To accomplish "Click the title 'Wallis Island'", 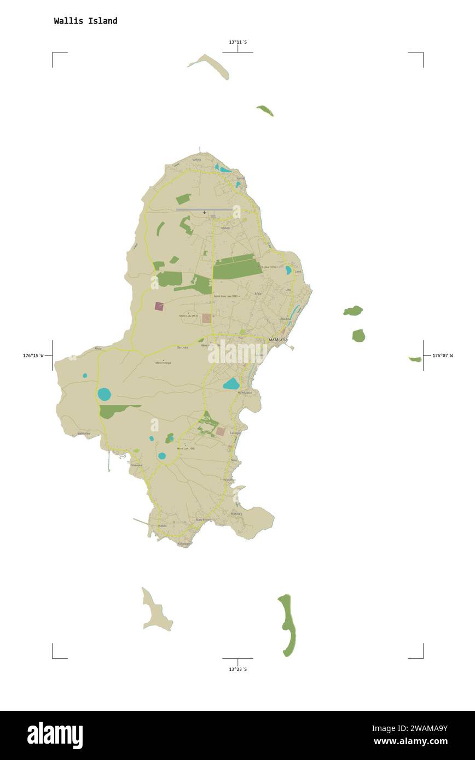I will click(85, 21).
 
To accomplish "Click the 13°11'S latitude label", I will click(237, 42).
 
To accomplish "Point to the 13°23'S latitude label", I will click(237, 669).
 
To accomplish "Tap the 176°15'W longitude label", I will click(33, 355).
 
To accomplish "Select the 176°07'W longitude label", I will click(442, 355).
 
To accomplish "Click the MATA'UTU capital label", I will click(277, 340).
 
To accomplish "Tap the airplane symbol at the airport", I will click(205, 212).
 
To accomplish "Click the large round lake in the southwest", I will click(105, 394).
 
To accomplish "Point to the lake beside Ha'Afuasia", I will click(231, 384).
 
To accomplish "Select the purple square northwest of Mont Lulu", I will click(159, 306).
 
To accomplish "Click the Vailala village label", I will click(196, 160).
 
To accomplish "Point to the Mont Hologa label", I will click(163, 363).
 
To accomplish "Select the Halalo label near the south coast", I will click(162, 525).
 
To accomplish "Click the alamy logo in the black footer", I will click(55, 735).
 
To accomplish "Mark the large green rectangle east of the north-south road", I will click(237, 268).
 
